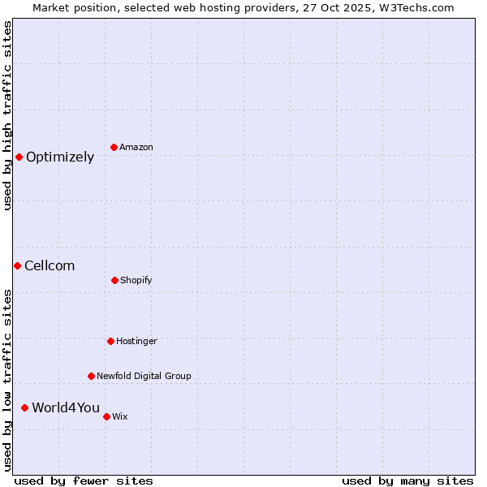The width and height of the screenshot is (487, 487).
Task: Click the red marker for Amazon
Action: [x=114, y=147]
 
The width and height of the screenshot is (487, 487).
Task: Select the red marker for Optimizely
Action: [x=19, y=157]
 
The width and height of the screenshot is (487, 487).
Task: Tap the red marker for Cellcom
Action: [x=17, y=265]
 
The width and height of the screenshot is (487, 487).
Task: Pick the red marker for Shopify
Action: [x=114, y=280]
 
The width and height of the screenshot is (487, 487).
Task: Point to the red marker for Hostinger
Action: [x=110, y=341]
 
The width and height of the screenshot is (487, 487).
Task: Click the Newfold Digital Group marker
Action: [x=91, y=376]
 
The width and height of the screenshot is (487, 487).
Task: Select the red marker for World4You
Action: [x=24, y=407]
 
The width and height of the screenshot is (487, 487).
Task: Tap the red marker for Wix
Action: [x=106, y=416]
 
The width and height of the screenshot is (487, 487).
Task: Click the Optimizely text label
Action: [x=60, y=157]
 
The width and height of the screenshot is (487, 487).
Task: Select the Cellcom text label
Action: [x=50, y=266]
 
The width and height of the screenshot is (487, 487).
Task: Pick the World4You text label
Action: [x=66, y=408]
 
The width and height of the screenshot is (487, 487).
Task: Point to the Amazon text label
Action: [x=136, y=148]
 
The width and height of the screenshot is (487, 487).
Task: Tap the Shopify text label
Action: [x=136, y=281]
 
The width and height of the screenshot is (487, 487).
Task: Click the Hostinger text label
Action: [x=136, y=342]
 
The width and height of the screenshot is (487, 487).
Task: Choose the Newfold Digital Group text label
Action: [x=144, y=377]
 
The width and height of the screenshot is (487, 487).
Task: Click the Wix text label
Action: [x=120, y=417]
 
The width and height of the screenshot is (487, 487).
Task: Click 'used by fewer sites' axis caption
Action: [x=84, y=481]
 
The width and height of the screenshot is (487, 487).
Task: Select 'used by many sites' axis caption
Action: [x=407, y=481]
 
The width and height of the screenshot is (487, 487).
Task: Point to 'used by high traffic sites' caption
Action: [x=7, y=115]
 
